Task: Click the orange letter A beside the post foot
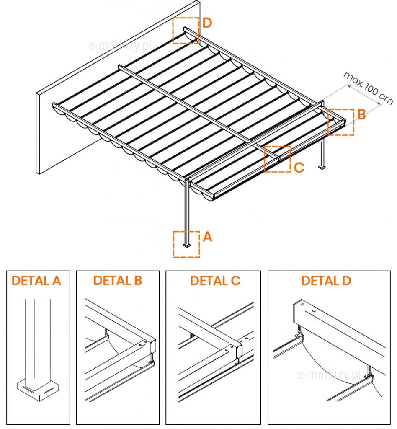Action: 207,237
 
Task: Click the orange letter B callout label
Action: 361,115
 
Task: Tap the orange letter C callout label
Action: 299,168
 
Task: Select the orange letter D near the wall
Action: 207,23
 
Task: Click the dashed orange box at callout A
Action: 186,244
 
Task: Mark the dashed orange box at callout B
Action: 341,122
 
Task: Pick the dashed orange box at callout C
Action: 277,159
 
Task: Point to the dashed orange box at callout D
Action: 186,30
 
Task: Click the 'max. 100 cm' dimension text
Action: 368,88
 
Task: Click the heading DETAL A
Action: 36,281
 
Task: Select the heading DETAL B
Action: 118,281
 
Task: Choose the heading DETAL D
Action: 326,281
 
